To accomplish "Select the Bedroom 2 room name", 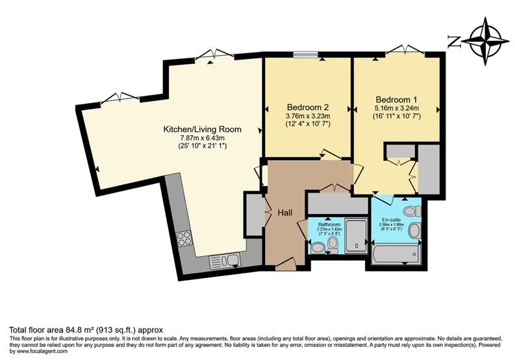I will tap(308, 107).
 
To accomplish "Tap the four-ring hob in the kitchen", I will tap(184, 239).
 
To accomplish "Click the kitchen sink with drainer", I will tap(224, 261).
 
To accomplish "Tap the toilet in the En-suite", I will tap(410, 211).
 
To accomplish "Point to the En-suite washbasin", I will tap(414, 230).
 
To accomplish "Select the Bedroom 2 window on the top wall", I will tap(303, 56).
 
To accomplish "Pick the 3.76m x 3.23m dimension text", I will tap(308, 116).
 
